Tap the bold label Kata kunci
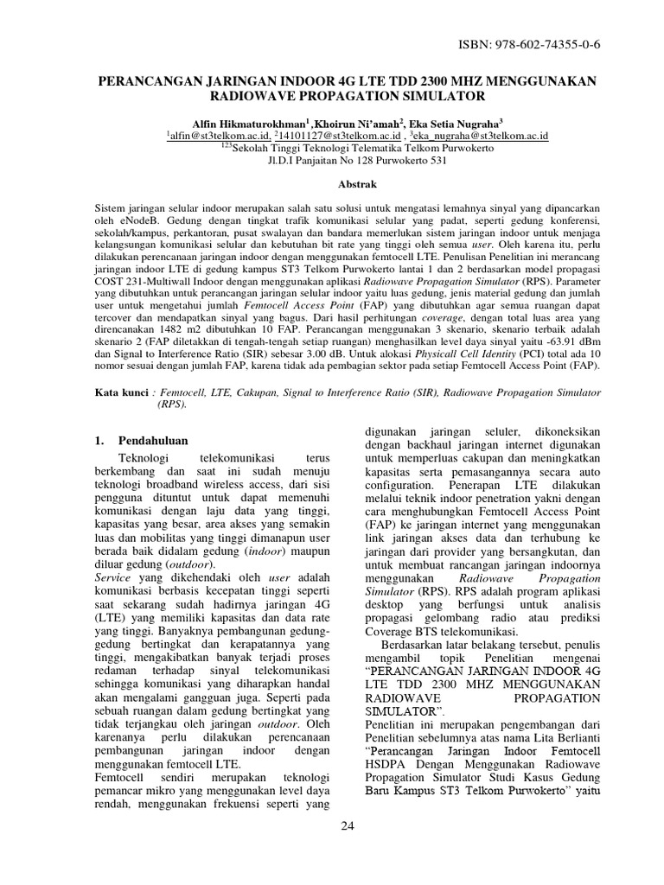pyautogui.click(x=122, y=392)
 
